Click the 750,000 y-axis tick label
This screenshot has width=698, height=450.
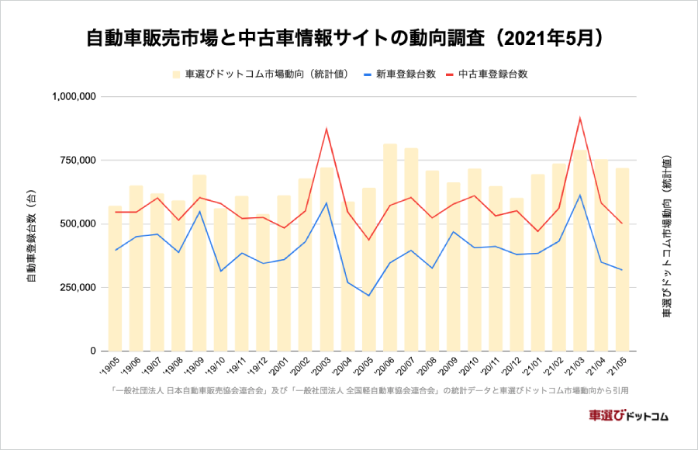pyautogui.click(x=74, y=161)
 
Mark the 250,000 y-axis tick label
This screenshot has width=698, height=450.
pyautogui.click(x=74, y=288)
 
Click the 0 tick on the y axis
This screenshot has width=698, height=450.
pyautogui.click(x=91, y=351)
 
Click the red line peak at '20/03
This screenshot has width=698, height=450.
pyautogui.click(x=327, y=129)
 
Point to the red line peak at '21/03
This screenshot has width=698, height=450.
pyautogui.click(x=580, y=118)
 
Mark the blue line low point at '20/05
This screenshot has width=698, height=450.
pyautogui.click(x=368, y=296)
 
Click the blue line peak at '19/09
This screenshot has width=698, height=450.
pyautogui.click(x=199, y=211)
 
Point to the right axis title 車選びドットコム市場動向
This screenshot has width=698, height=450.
pyautogui.click(x=666, y=236)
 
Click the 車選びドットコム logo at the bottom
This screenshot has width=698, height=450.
pyautogui.click(x=628, y=415)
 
